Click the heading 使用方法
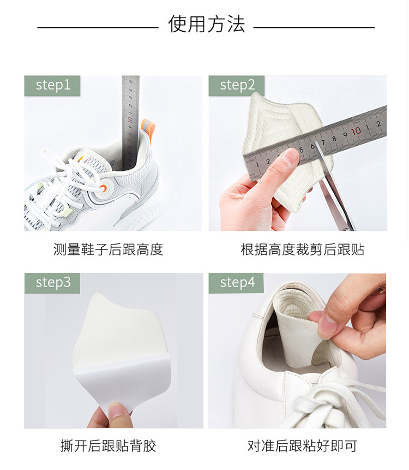[x=207, y=25]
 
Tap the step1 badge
[x=52, y=85]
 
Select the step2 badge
[x=237, y=85]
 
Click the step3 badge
[x=52, y=283]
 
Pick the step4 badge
[x=237, y=283]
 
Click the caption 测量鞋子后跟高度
[x=108, y=250]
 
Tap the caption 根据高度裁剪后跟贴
[x=303, y=250]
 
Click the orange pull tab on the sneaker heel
[x=148, y=130]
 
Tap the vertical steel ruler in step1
[x=130, y=120]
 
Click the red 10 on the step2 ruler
[x=356, y=131]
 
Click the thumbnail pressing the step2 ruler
[x=289, y=159]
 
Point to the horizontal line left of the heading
[x=98, y=27]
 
